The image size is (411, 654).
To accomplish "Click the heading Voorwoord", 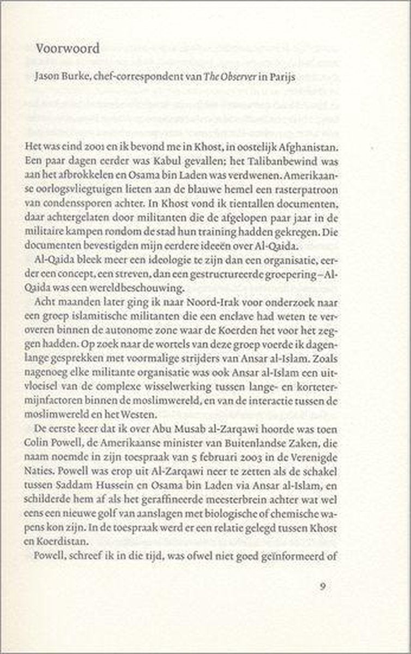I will click(68, 49).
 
